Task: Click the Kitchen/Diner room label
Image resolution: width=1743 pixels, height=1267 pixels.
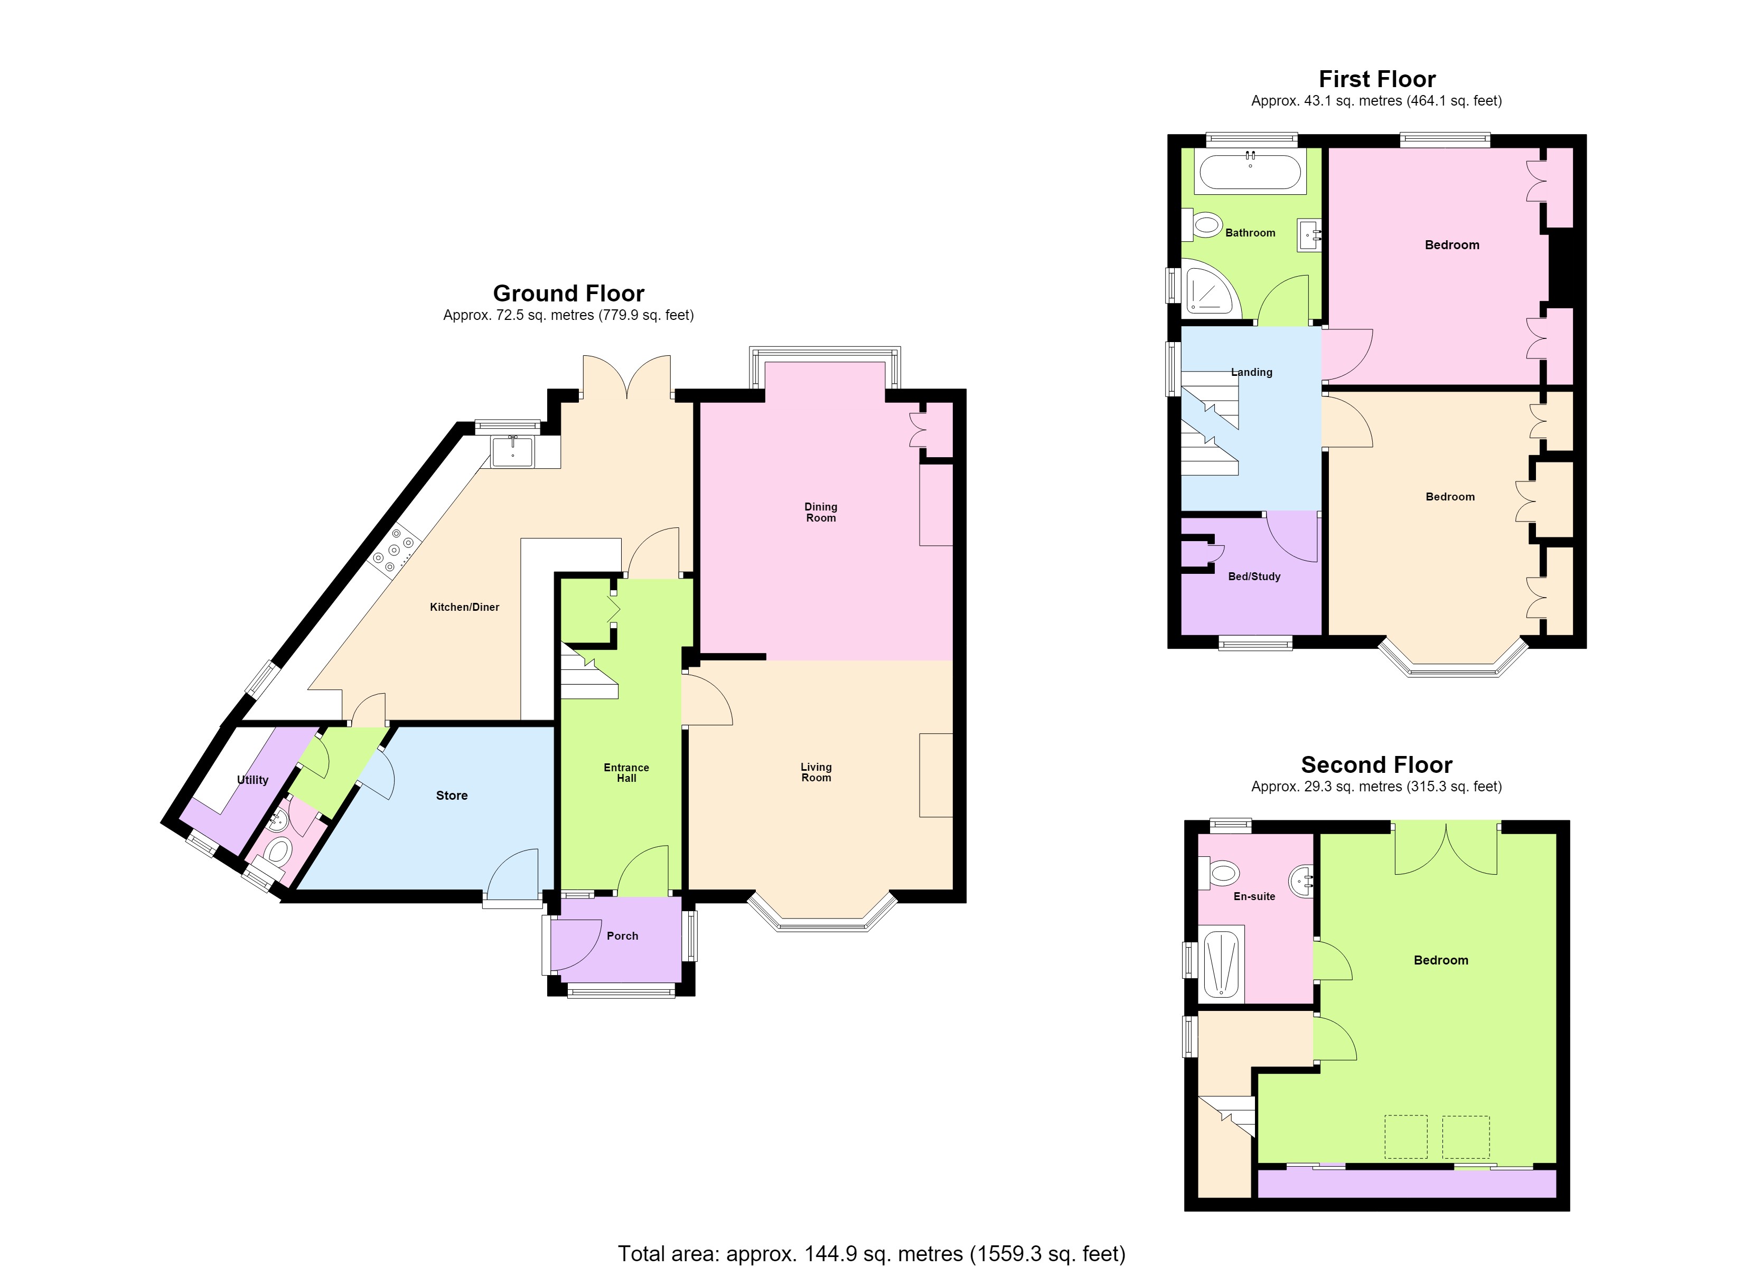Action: point(464,607)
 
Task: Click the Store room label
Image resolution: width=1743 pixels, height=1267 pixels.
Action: point(452,795)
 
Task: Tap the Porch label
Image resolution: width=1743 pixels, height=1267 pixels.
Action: point(623,936)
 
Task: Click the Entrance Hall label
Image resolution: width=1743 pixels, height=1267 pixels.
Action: point(626,773)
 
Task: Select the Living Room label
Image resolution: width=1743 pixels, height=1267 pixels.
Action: point(816,772)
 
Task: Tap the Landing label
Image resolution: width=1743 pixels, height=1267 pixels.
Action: point(1252,372)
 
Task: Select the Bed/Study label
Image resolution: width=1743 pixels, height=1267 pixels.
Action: point(1254,576)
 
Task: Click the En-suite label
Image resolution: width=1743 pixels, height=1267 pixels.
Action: point(1254,896)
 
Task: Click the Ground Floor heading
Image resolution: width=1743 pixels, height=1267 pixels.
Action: point(569,294)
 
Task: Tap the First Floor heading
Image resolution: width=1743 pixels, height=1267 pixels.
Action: point(1377,79)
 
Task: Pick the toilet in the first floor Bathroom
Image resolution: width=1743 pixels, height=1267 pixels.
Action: point(1205,225)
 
